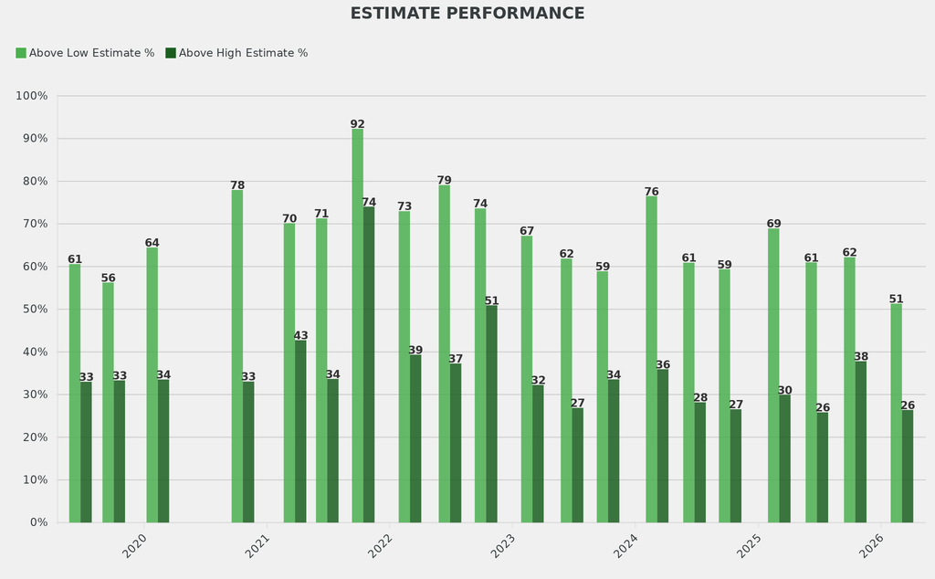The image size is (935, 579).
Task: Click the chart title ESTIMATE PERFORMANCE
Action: pyautogui.click(x=467, y=14)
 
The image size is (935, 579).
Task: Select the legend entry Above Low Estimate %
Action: pyautogui.click(x=85, y=53)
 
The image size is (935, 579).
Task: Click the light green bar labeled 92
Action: pyautogui.click(x=358, y=325)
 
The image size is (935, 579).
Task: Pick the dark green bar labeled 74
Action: pyautogui.click(x=369, y=364)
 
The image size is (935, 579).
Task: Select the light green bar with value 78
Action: pyautogui.click(x=237, y=356)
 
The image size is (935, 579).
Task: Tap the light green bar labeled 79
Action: pyautogui.click(x=445, y=353)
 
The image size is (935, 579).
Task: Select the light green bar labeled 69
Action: pyautogui.click(x=773, y=375)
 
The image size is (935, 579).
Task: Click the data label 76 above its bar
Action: pyautogui.click(x=652, y=192)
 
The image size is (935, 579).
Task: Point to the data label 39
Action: pyautogui.click(x=415, y=351)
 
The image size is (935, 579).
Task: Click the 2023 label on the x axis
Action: pyautogui.click(x=503, y=546)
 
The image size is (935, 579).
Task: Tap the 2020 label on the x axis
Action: pyautogui.click(x=135, y=546)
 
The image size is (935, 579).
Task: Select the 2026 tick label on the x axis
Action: pyautogui.click(x=872, y=546)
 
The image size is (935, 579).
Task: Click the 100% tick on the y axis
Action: pyautogui.click(x=32, y=96)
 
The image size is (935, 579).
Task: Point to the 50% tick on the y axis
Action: pyautogui.click(x=35, y=310)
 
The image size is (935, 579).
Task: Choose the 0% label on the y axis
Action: pyautogui.click(x=38, y=522)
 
